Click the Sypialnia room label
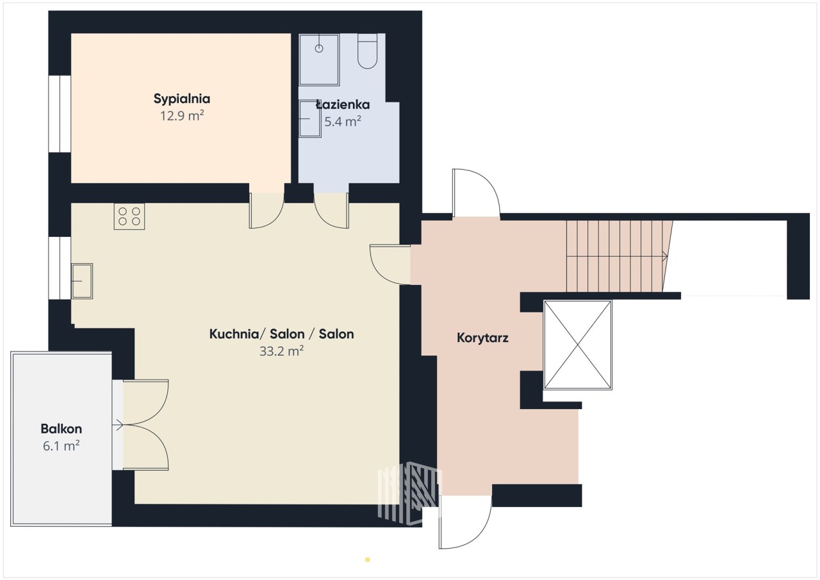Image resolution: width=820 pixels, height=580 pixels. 181,99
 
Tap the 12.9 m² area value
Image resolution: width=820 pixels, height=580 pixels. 182,116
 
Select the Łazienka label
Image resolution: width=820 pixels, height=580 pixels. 343,105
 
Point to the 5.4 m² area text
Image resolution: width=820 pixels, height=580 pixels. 343,122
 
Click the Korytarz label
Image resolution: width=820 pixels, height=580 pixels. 482,338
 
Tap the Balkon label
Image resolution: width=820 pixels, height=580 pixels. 61,429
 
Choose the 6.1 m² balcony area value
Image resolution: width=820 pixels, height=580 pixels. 61,446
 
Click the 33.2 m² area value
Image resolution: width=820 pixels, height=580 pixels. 281,351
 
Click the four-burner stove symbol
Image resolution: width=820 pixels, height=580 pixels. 129,216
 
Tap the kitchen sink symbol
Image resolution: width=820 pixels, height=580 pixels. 82,281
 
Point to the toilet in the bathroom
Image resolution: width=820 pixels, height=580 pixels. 367,51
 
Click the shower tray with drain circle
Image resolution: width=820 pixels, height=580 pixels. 319,60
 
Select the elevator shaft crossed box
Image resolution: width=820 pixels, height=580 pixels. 578,345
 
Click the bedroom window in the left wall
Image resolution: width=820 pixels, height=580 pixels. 60,114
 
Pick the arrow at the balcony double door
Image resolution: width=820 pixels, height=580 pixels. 118,425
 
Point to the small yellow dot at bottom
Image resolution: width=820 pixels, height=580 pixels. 368,560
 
